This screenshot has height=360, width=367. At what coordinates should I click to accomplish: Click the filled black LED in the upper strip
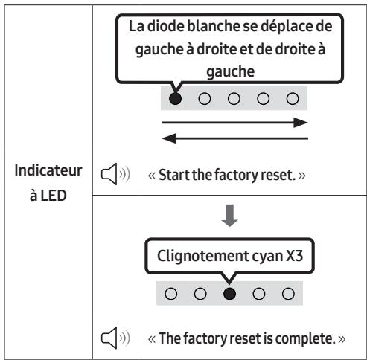click(x=175, y=99)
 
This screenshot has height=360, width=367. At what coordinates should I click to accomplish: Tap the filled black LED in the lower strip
click(x=229, y=294)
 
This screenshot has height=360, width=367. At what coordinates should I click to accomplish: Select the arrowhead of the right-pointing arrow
click(x=301, y=123)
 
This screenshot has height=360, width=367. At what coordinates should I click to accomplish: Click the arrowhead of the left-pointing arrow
click(x=169, y=138)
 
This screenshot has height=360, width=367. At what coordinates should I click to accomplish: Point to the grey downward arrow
click(x=229, y=216)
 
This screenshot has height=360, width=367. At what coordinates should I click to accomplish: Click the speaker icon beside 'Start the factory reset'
click(x=115, y=174)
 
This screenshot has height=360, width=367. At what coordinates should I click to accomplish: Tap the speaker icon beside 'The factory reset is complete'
click(x=115, y=338)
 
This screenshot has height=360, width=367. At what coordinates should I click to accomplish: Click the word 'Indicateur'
click(x=48, y=170)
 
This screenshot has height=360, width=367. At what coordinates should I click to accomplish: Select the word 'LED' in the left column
click(x=54, y=196)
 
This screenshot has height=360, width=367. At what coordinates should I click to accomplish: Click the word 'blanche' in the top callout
click(x=214, y=26)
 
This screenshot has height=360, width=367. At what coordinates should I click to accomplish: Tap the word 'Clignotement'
click(x=202, y=256)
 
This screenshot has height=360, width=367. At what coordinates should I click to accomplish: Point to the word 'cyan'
click(x=267, y=257)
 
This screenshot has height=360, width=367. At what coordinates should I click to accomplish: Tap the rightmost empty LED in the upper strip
click(x=293, y=99)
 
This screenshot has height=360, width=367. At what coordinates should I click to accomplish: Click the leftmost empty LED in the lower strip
click(x=171, y=294)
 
